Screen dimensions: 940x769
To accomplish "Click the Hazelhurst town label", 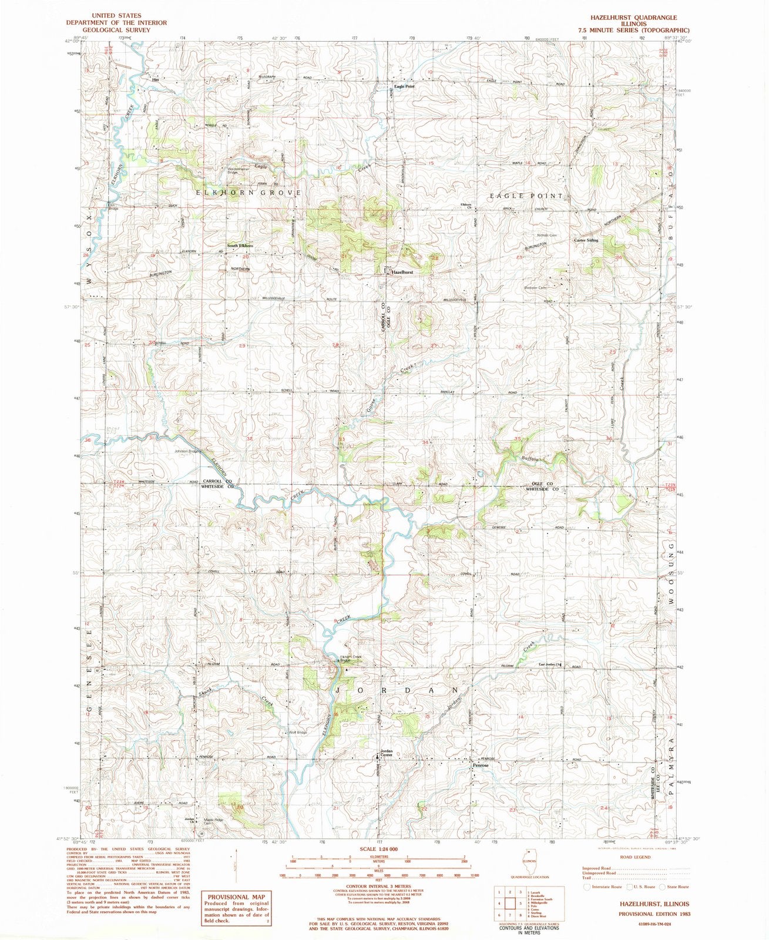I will (402, 273).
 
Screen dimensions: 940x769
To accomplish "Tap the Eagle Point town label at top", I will (404, 86).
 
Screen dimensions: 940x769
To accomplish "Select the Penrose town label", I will (479, 766).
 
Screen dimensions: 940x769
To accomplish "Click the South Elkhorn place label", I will (240, 246).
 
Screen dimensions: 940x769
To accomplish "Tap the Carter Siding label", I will (586, 240).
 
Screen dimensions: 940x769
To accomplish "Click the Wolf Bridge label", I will (297, 732).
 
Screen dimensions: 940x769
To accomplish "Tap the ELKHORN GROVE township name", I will (244, 193).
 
